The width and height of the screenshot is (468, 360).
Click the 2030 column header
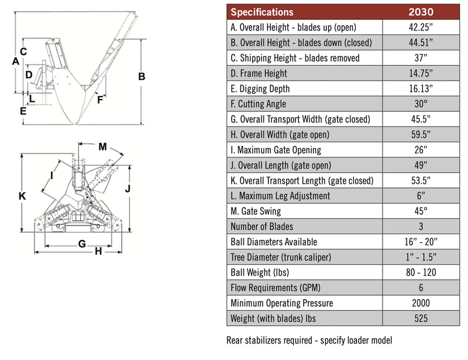[420, 12]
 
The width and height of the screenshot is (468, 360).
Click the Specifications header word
[262, 12]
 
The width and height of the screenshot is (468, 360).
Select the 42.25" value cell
[420, 27]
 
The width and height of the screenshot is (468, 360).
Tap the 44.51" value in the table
[420, 43]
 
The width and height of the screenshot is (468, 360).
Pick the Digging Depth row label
[260, 88]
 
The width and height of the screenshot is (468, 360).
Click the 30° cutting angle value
[420, 104]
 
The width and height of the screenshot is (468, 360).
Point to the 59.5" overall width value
[420, 135]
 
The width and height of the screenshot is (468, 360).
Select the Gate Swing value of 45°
[420, 211]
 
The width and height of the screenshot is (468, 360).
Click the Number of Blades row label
[262, 227]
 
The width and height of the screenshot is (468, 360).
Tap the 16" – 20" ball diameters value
[420, 242]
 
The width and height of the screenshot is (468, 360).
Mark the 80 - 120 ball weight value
[420, 272]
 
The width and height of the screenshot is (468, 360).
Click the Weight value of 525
[420, 318]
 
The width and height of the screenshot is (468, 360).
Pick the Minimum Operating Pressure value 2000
[420, 303]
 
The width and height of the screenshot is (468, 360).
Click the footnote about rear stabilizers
[309, 340]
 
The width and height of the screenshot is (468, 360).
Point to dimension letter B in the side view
[141, 77]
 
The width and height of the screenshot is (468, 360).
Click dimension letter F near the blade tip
[100, 100]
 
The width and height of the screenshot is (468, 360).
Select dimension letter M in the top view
[102, 146]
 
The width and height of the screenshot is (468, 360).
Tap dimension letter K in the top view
[22, 197]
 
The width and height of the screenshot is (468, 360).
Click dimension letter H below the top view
[98, 251]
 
